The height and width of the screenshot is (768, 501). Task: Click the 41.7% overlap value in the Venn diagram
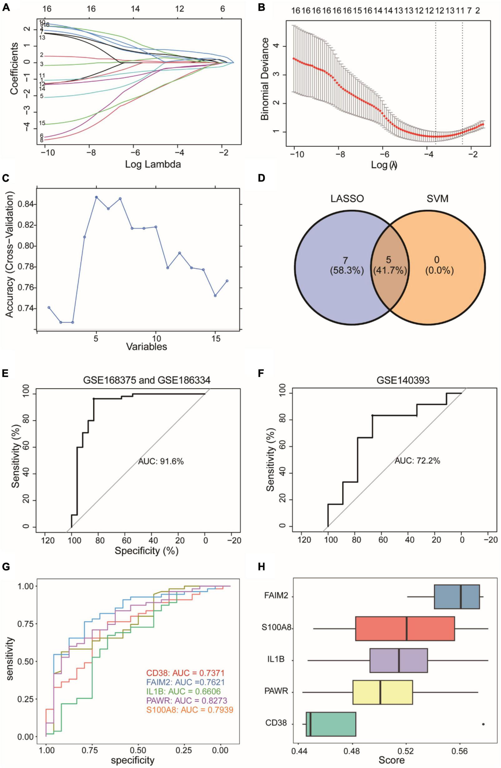[x=390, y=271]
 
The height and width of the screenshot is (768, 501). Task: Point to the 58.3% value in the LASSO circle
[x=347, y=271]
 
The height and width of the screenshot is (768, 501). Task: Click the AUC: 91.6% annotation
[x=161, y=462]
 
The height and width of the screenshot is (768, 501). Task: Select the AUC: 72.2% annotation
[x=417, y=461]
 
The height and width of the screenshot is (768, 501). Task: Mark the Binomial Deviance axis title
[x=265, y=78]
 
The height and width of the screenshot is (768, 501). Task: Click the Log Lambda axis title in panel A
[x=153, y=164]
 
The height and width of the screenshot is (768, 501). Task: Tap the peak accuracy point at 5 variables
[x=96, y=197]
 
